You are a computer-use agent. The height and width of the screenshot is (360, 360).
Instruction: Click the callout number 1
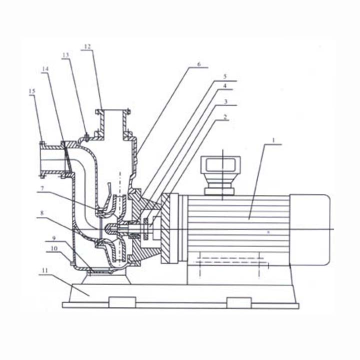coord(273,140)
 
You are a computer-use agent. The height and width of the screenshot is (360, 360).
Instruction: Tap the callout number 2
coord(225,117)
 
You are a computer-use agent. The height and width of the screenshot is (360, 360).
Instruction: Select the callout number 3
coord(225,101)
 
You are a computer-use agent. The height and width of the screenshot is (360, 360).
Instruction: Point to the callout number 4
coord(225,85)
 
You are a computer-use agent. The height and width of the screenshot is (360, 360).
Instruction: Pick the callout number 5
coord(225,76)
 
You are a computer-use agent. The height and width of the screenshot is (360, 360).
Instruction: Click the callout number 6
coord(199,64)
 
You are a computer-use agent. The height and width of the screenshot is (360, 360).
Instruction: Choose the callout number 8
coord(41,213)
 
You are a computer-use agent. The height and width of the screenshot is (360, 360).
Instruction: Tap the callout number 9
coord(53,238)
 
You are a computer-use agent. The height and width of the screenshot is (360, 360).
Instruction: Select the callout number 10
coord(54,248)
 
